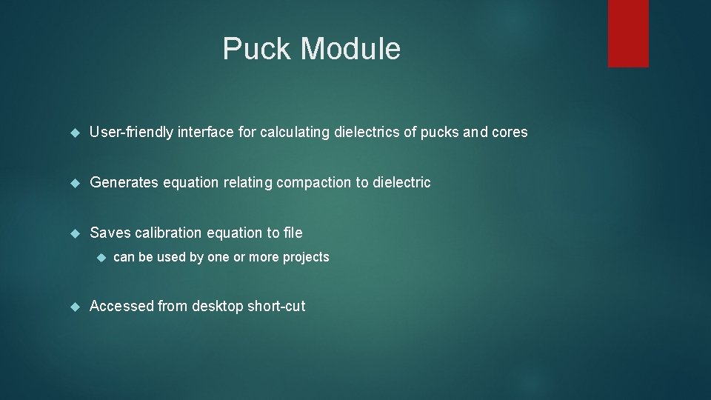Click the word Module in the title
[351, 49]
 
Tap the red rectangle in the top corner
[628, 33]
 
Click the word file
[293, 233]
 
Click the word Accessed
[121, 306]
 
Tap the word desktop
[217, 306]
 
